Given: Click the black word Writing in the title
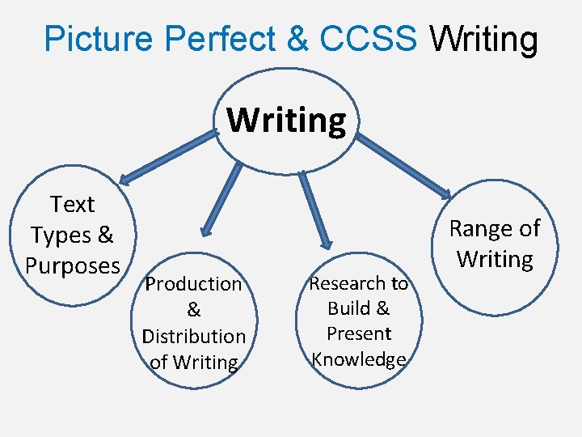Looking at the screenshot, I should tap(483, 39).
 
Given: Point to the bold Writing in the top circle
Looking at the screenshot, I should tap(286, 121).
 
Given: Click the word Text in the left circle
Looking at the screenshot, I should tap(72, 205).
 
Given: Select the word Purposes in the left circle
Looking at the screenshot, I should tap(73, 265).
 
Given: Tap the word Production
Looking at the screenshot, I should tap(193, 284).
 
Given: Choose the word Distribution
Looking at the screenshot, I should tap(194, 336).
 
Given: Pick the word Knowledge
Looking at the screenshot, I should tap(359, 359).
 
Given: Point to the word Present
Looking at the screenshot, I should tap(359, 333).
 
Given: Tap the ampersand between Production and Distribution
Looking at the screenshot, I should tap(194, 310).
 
